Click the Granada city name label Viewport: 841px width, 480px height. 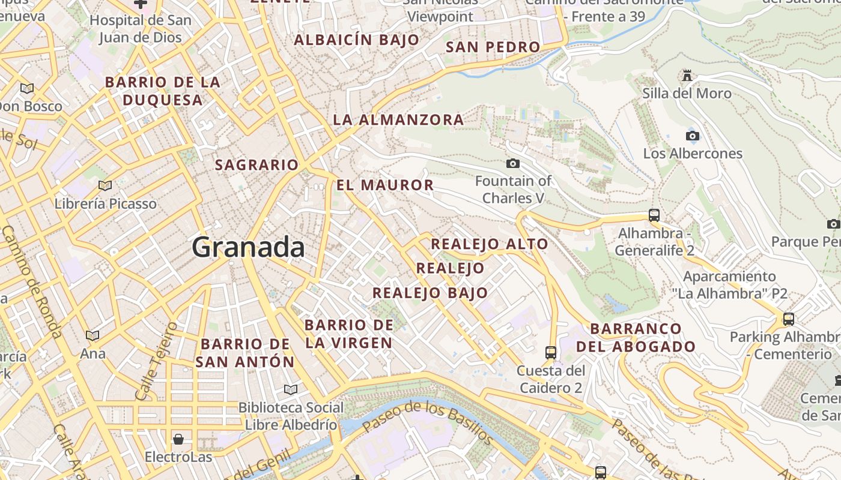(248, 247)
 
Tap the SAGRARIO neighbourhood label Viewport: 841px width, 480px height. (257, 165)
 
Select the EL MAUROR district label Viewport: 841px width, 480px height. (385, 185)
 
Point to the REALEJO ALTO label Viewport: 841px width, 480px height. (490, 244)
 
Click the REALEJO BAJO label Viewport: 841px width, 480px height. (430, 293)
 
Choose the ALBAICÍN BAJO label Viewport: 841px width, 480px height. (356, 40)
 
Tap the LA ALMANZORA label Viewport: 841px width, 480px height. (398, 120)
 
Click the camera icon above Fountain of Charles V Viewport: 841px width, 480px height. (513, 163)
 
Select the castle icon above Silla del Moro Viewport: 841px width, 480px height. (687, 76)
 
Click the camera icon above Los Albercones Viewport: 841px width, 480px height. (693, 136)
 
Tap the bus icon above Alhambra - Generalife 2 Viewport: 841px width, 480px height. (654, 215)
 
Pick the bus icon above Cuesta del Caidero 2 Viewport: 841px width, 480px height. (551, 352)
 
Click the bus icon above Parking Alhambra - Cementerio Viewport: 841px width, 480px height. (789, 319)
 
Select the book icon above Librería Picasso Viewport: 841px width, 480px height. (105, 185)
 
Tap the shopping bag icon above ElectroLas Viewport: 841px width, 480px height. (178, 439)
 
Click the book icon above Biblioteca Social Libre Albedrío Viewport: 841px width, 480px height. (291, 389)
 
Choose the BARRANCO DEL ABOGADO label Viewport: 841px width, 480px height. (636, 337)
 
